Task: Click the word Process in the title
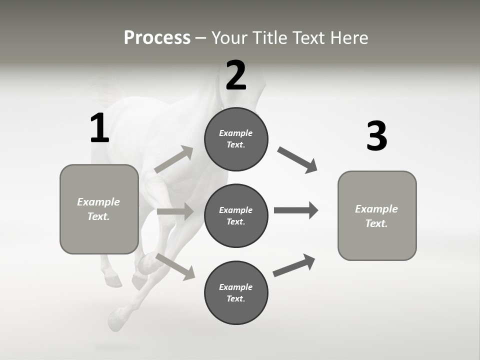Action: [157, 38]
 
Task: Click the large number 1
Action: [99, 128]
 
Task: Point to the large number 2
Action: [236, 75]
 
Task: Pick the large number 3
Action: [376, 136]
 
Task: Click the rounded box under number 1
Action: [99, 209]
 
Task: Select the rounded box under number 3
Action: [377, 216]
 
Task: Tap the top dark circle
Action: [236, 139]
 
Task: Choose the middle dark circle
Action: [236, 216]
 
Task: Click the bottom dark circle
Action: [236, 293]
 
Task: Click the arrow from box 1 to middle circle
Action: [175, 211]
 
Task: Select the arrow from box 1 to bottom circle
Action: [175, 266]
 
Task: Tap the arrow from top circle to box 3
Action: [297, 160]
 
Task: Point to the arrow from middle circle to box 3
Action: [296, 210]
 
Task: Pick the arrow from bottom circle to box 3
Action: [294, 265]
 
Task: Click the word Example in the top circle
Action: [236, 133]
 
